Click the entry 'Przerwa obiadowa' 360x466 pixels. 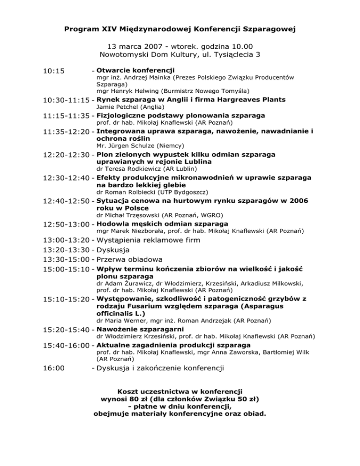129,259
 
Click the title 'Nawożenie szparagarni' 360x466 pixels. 138,330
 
